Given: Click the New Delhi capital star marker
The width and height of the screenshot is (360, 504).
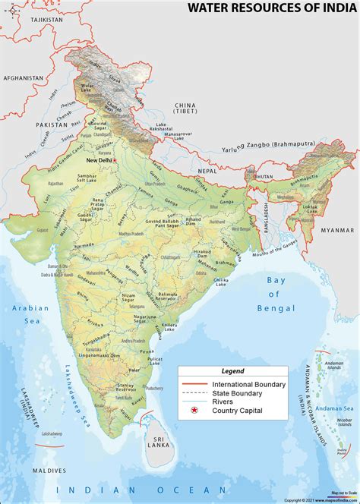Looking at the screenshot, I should pyautogui.click(x=115, y=161).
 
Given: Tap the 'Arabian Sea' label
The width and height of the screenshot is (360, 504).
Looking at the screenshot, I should pyautogui.click(x=30, y=314).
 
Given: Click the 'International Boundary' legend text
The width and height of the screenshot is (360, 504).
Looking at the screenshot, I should pyautogui.click(x=249, y=385).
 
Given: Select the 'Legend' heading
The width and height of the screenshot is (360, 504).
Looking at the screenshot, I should pyautogui.click(x=232, y=371).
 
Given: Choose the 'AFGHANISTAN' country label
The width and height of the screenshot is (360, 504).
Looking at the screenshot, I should pyautogui.click(x=23, y=78).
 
